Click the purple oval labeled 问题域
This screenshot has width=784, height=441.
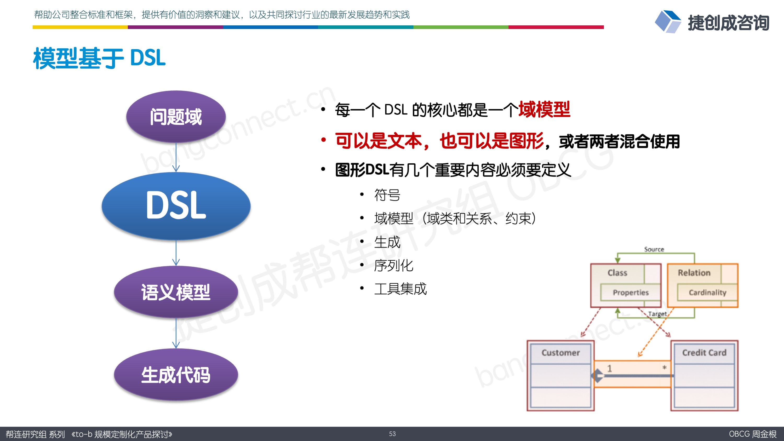pos(176,117)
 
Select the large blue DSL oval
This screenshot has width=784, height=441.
pos(176,206)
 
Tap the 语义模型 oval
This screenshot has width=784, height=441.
pos(176,292)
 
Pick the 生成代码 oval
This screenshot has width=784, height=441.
pos(176,375)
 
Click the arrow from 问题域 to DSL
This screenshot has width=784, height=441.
pos(176,157)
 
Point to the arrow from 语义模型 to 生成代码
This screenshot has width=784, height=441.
pos(176,333)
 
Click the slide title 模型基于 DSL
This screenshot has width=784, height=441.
pos(99,58)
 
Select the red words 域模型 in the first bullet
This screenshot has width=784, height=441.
pos(544,109)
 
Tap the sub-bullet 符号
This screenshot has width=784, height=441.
pos(387,195)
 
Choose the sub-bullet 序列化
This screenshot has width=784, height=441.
pos(393,265)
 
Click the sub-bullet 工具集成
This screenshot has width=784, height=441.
pos(400,289)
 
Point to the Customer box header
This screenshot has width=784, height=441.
pos(560,353)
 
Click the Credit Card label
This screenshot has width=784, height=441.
pos(704,353)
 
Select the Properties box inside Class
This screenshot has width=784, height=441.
pos(631,293)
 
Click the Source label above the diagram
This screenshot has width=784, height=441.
pos(654,249)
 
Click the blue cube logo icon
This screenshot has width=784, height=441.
pos(668,22)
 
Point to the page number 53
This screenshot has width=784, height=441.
pos(392,434)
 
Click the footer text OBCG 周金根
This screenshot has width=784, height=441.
pos(752,434)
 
